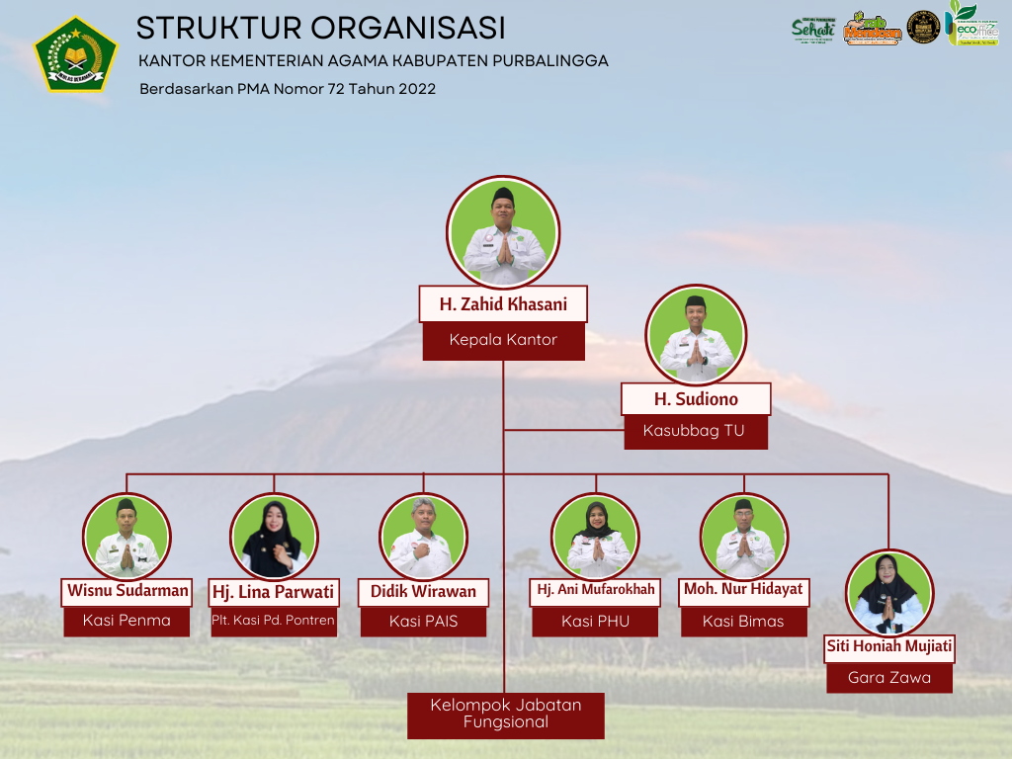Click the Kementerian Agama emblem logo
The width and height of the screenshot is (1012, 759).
76,54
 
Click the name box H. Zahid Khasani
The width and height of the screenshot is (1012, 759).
503,304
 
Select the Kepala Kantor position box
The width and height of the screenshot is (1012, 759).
503,340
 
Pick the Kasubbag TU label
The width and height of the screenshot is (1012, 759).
695,431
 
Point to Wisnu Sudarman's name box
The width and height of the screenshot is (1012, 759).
127,591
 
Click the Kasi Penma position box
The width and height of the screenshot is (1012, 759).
126,621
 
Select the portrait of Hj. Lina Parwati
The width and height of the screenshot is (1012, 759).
274,537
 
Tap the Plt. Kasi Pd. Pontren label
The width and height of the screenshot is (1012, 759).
274,621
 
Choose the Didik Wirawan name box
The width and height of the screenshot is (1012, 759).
423,592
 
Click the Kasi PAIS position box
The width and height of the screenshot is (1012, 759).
423,621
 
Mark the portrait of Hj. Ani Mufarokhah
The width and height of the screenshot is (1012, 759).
595,537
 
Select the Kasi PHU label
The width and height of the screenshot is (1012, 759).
595,621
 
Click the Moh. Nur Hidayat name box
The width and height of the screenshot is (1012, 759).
743,590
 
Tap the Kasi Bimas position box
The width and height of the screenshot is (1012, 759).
743,621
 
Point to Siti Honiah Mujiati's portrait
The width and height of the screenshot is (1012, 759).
889,593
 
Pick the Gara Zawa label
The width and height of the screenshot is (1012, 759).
889,678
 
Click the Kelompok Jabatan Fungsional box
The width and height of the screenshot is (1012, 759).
505,715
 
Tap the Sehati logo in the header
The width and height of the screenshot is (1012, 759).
813,30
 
